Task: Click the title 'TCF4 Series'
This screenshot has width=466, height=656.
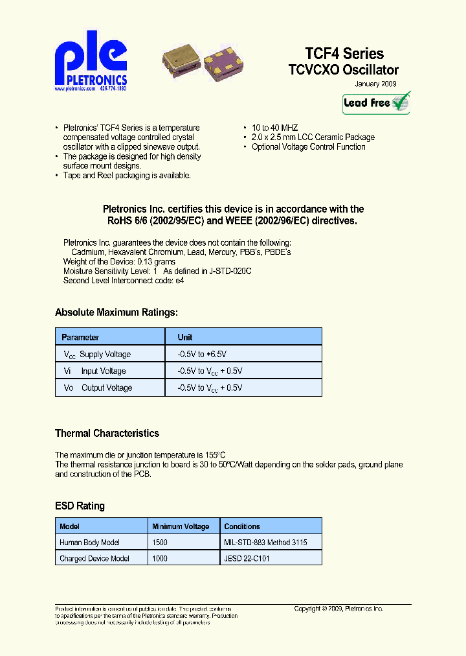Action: [x=344, y=54]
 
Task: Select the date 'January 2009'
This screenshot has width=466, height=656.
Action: [x=375, y=84]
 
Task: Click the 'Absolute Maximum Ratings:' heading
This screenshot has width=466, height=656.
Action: [x=116, y=312]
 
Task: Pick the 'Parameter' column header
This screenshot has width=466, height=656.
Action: [x=80, y=337]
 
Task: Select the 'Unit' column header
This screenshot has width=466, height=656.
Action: [x=185, y=337]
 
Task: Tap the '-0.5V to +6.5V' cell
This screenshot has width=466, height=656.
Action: [x=201, y=355]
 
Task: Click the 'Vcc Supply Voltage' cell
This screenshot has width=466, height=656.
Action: [x=97, y=355]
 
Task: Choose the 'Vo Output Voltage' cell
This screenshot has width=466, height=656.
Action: [x=98, y=388]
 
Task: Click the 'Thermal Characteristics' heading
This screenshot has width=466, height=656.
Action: [x=107, y=433]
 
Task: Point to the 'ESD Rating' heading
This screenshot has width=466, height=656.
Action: [x=80, y=506]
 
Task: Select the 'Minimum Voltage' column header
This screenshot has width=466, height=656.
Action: [x=181, y=526]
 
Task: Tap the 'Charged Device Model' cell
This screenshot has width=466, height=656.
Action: [x=94, y=558]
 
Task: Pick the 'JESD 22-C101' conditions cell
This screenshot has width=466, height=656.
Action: [x=247, y=558]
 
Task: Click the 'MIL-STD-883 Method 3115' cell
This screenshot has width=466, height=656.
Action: [x=265, y=543]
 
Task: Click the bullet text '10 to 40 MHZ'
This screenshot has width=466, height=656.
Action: [x=274, y=128]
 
